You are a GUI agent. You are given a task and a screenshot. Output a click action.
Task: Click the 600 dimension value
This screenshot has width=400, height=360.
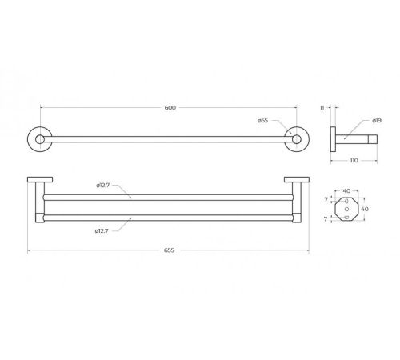[x=170, y=108]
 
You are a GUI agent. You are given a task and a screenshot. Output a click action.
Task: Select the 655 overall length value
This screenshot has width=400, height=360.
[x=169, y=250]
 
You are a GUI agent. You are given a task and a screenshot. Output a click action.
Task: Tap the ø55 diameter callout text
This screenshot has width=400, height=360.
[x=262, y=121]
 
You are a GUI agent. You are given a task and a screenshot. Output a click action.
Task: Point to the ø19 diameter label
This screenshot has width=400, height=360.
[x=377, y=121]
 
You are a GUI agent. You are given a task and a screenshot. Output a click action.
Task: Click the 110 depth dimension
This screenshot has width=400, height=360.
[x=354, y=161]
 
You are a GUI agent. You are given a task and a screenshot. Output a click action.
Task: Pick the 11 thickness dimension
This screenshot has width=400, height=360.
[x=322, y=108]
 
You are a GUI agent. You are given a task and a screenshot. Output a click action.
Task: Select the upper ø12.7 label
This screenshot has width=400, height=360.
[x=103, y=186]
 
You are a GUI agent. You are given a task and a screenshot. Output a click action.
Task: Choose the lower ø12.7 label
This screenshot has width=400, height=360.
[x=102, y=231]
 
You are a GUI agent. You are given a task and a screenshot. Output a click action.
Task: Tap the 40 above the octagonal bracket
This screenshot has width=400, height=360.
[x=346, y=191]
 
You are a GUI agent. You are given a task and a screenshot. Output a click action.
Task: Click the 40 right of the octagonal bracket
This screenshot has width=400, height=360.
[x=365, y=209]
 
